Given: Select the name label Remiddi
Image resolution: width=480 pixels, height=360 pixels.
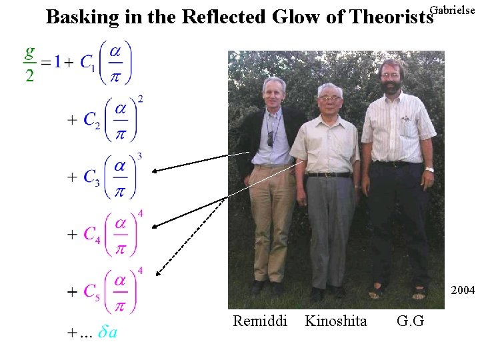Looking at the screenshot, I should [260, 321].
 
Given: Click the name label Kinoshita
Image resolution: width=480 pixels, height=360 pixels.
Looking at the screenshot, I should [335, 321].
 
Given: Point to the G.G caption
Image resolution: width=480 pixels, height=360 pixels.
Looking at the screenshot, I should [410, 321].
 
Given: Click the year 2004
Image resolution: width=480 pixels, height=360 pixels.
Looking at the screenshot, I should [463, 291].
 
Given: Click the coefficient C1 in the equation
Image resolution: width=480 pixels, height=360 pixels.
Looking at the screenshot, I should [88, 62].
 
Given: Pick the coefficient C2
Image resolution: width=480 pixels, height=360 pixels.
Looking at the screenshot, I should [93, 120].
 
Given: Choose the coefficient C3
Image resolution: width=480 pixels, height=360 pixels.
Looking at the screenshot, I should [93, 177].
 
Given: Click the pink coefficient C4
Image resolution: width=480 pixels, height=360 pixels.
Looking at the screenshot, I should [93, 235].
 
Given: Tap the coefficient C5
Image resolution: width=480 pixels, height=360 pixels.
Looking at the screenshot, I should [93, 292].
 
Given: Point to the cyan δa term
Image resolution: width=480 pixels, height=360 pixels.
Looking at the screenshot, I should [107, 332].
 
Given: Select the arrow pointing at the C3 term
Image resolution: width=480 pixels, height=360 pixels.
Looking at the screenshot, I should [200, 162].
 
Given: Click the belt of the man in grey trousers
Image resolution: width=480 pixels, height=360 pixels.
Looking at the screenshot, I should [329, 174].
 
